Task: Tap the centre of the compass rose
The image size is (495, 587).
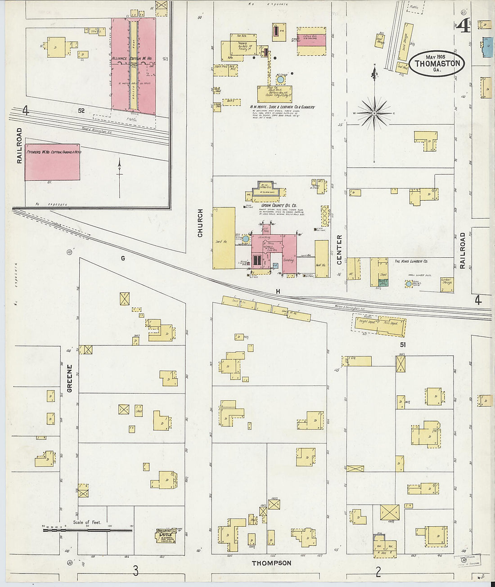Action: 374,113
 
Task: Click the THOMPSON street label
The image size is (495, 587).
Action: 271,563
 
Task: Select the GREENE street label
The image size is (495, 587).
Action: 70,378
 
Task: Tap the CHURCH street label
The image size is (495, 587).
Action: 200,223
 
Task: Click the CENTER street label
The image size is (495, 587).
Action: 339,247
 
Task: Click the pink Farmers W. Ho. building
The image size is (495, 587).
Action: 52,162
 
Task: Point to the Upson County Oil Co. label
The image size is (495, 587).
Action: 279,205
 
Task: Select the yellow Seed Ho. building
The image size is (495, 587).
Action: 224,238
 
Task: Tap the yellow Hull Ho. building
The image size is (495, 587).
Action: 321,259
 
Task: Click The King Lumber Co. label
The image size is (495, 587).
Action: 411,261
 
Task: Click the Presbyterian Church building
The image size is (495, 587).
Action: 166,535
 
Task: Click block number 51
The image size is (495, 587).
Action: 402,345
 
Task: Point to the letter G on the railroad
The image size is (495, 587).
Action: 122,258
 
